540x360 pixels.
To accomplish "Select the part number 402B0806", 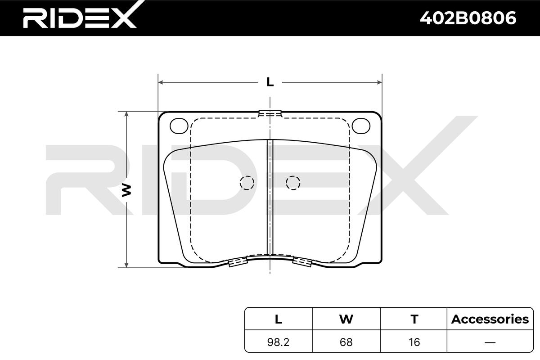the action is (468, 18).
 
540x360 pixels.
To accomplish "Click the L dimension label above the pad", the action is (270, 82).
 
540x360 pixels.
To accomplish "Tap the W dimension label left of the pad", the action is (126, 190).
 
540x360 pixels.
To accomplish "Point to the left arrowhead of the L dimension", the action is (161, 82).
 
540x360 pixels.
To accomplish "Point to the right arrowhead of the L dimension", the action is (379, 82).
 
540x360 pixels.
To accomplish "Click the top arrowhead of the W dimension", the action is (126, 114).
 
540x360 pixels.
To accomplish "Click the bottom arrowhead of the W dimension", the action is (126, 265).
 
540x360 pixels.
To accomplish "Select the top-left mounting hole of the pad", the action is (179, 126).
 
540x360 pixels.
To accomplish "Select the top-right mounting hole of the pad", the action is (361, 126).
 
